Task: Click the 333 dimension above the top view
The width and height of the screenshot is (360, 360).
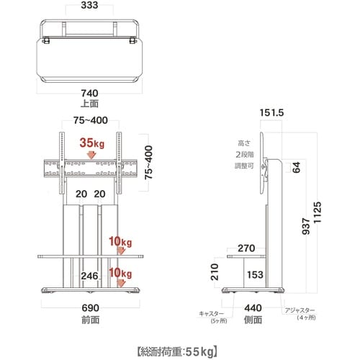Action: [x=89, y=5]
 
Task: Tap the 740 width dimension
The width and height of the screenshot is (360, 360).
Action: [x=89, y=93]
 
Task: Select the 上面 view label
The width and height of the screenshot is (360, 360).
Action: [x=89, y=104]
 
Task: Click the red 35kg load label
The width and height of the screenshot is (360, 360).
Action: [x=92, y=143]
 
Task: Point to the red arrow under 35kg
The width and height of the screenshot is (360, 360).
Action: [x=91, y=156]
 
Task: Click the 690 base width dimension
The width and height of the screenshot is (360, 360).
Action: [x=90, y=308]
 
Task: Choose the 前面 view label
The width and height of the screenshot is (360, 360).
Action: [x=90, y=320]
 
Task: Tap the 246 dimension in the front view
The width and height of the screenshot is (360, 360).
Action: [x=89, y=276]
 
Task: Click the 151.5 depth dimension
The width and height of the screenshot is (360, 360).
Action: [x=271, y=113]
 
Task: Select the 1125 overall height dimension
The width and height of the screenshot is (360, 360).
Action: [x=318, y=212]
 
